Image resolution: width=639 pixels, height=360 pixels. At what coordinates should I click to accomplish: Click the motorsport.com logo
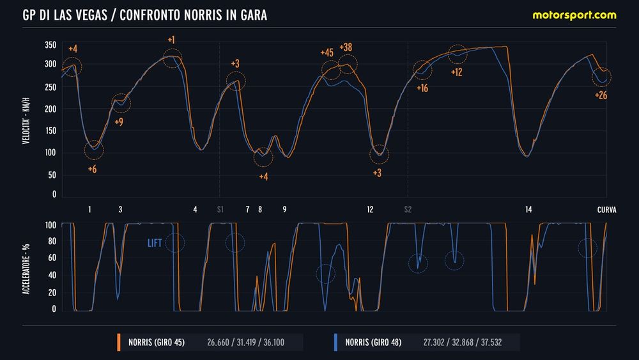pyautogui.click(x=574, y=15)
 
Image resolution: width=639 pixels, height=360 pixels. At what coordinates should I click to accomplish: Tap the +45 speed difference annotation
pyautogui.click(x=326, y=53)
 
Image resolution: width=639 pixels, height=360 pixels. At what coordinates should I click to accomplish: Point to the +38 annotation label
pyautogui.click(x=346, y=47)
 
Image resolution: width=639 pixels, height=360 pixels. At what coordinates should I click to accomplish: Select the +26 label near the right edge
pyautogui.click(x=601, y=95)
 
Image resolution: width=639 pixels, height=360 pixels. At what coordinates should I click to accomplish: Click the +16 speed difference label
pyautogui.click(x=422, y=88)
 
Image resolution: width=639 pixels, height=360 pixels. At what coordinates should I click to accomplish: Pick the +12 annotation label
pyautogui.click(x=456, y=72)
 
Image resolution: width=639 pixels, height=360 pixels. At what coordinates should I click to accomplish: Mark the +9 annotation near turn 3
pyautogui.click(x=119, y=121)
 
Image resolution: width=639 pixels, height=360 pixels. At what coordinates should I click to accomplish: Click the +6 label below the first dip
pyautogui.click(x=93, y=169)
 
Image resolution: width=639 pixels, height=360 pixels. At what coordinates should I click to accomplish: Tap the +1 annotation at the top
pyautogui.click(x=171, y=40)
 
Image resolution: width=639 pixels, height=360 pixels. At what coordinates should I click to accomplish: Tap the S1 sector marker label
pyautogui.click(x=220, y=209)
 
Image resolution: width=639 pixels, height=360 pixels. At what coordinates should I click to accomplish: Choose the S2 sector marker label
pyautogui.click(x=408, y=209)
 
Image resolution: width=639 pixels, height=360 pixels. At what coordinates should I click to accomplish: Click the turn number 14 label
pyautogui.click(x=528, y=209)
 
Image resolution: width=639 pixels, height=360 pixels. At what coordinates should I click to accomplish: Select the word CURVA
pyautogui.click(x=606, y=209)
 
